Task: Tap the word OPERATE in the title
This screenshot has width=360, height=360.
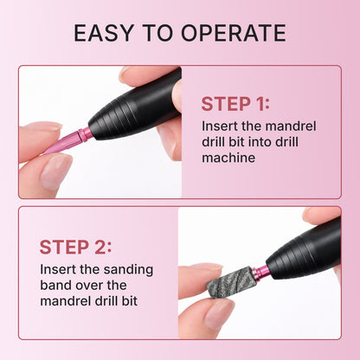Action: pos(235,33)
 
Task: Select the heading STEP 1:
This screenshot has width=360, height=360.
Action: pos(235,105)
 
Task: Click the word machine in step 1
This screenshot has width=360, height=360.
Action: pos(228,158)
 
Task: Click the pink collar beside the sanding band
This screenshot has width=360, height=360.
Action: pos(259,273)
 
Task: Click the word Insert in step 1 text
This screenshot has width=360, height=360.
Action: pos(218,126)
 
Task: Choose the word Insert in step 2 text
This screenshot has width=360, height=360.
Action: pos(56,269)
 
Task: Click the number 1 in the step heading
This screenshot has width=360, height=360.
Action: pos(260,105)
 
